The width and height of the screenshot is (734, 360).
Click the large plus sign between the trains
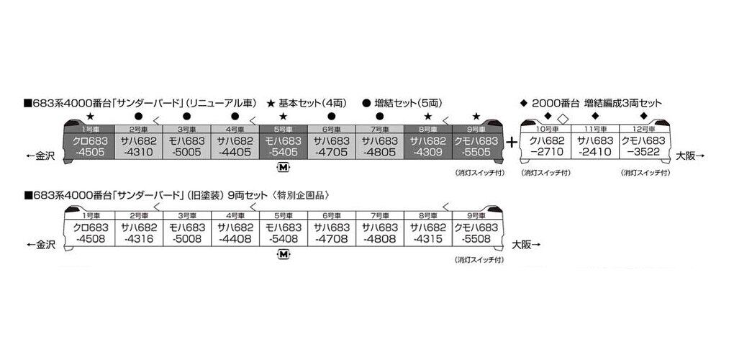coord(512,142)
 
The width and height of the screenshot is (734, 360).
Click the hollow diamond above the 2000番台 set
coord(563,117)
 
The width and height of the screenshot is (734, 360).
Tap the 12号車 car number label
coord(643,127)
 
